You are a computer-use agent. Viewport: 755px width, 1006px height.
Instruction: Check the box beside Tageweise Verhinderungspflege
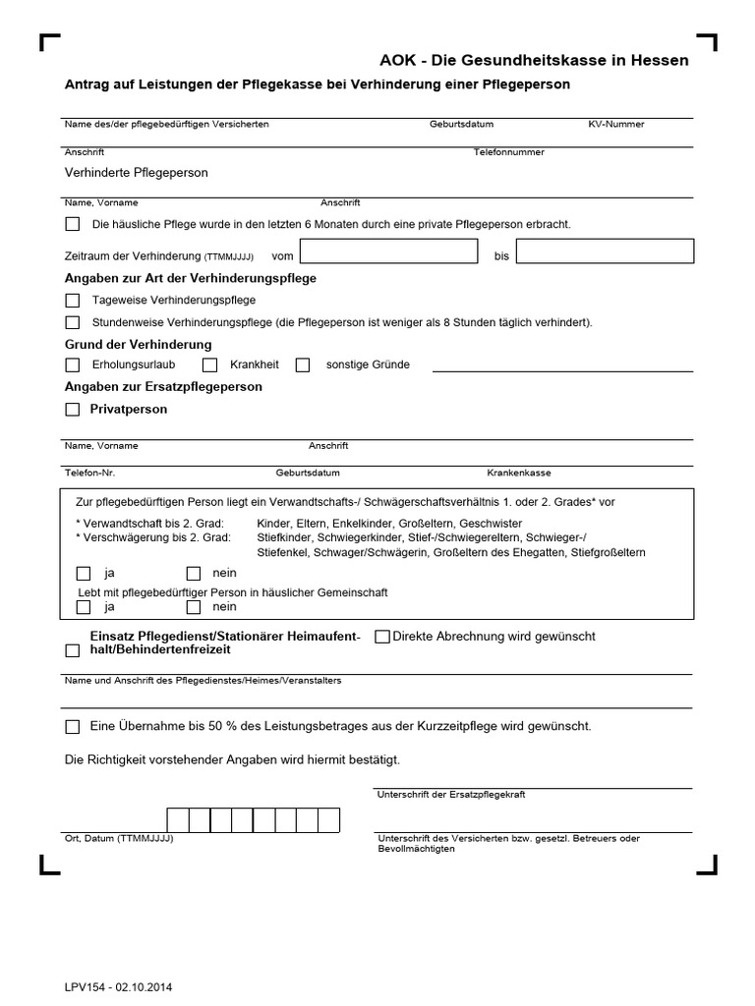click(73, 300)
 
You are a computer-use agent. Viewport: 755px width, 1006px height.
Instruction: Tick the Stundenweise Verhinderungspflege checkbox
click(73, 322)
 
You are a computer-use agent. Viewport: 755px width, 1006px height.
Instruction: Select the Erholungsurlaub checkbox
click(73, 364)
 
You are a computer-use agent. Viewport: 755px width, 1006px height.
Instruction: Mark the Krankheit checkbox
click(209, 364)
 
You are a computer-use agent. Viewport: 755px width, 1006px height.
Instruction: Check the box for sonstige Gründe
click(303, 364)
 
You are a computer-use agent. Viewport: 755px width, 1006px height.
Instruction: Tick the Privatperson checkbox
click(73, 410)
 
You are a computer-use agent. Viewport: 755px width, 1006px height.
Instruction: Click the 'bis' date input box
click(605, 252)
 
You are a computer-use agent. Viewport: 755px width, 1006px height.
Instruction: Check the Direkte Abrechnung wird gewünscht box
click(382, 637)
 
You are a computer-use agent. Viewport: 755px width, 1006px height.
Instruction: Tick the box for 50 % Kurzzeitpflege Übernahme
click(73, 727)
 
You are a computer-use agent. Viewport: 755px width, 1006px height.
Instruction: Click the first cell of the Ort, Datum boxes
click(178, 819)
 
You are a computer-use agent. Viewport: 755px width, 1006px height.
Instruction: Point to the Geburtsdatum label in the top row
click(461, 125)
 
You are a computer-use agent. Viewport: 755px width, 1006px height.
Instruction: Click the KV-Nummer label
click(616, 125)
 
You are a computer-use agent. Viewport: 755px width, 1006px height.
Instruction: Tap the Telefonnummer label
click(508, 152)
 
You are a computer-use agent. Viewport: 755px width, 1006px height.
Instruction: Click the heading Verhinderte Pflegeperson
click(136, 172)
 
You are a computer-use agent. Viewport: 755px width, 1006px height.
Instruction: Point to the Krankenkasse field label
click(519, 473)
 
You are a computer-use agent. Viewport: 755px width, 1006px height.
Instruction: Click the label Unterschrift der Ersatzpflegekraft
click(451, 794)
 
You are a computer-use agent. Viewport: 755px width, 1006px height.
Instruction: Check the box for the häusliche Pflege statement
click(73, 224)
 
